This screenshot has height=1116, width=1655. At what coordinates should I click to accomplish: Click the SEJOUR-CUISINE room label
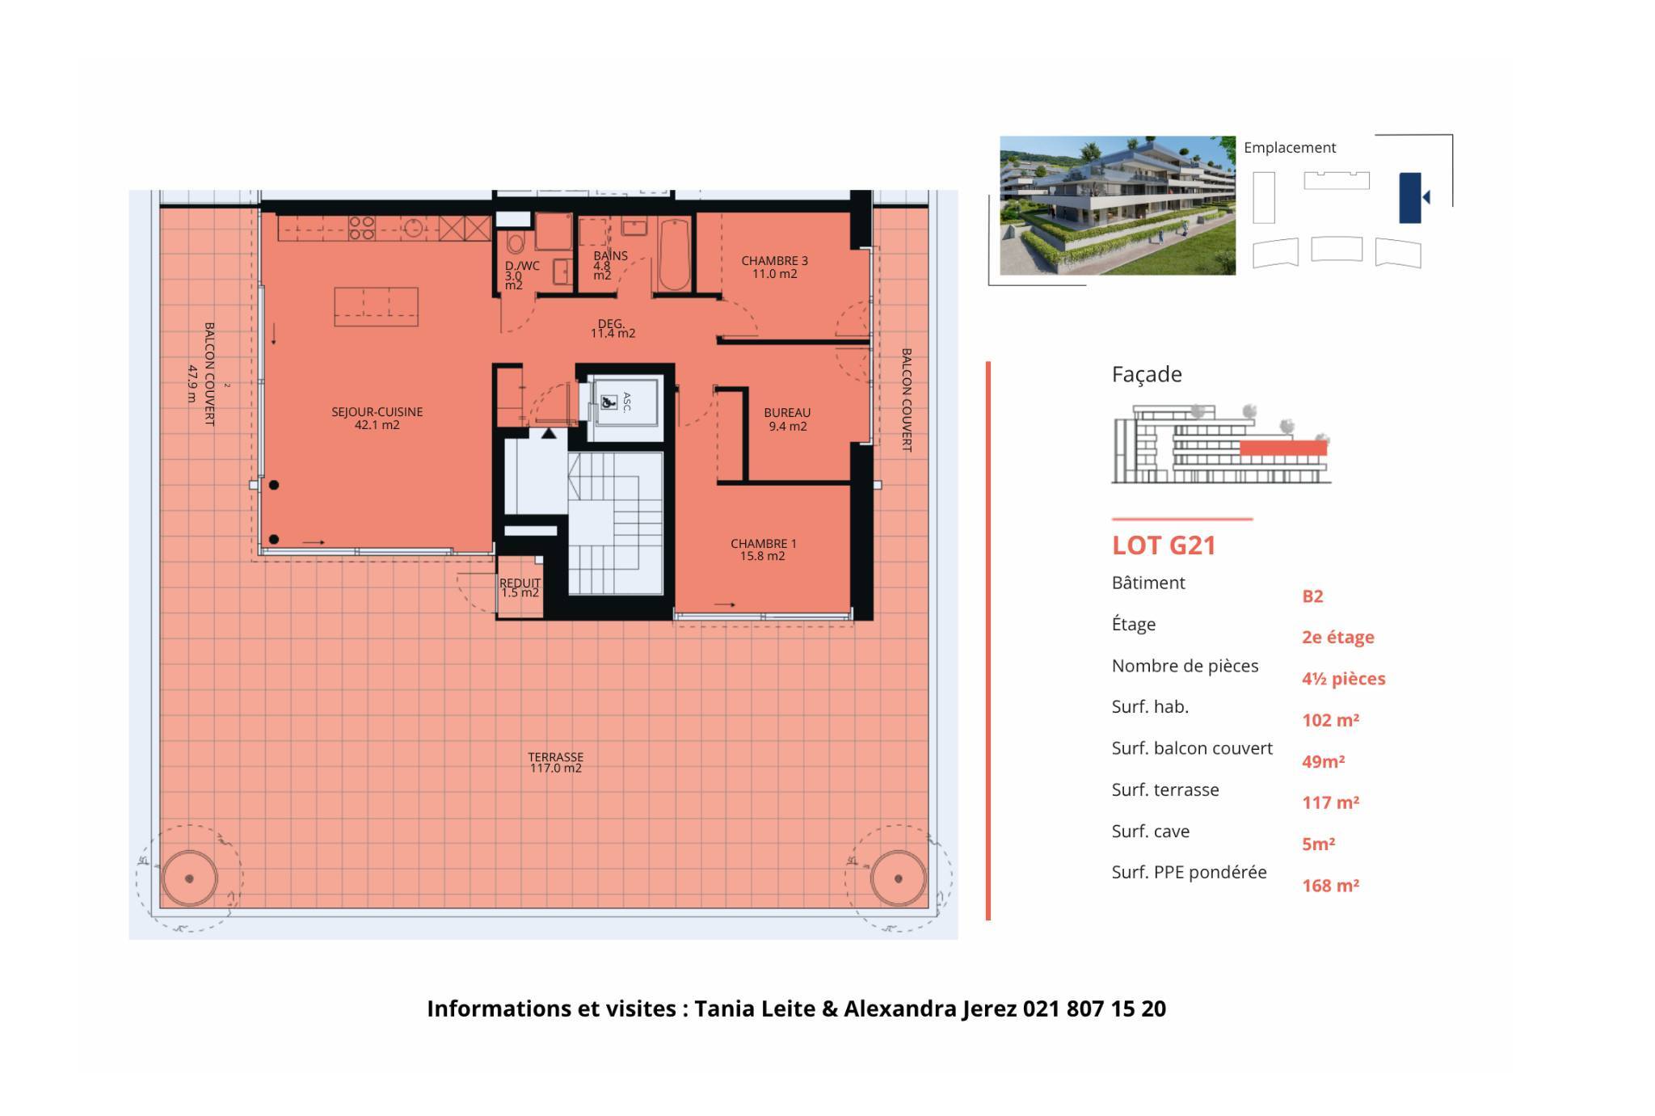point(377,418)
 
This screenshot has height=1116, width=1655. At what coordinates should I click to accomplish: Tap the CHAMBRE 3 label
point(774,267)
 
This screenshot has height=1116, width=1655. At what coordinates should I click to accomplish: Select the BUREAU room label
point(787,419)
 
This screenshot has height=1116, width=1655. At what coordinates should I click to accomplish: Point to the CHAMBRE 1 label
point(763,550)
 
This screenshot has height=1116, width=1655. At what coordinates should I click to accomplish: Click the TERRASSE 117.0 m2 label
point(555,762)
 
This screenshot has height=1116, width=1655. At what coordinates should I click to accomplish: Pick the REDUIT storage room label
point(520,587)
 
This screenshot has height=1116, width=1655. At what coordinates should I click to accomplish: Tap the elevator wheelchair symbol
point(608,401)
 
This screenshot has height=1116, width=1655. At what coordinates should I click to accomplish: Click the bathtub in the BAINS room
point(674,254)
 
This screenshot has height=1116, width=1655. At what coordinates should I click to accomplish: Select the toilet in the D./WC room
point(515,241)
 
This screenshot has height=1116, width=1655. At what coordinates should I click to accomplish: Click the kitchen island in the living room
point(376,307)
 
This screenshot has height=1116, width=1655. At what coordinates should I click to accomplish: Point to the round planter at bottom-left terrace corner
point(189,878)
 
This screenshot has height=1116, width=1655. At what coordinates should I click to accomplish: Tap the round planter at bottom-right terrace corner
point(898,878)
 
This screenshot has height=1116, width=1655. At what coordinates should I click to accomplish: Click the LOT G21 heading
point(1164,545)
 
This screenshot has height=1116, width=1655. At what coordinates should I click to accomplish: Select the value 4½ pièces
point(1343,679)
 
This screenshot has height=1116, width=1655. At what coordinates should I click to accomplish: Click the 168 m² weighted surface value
point(1330,886)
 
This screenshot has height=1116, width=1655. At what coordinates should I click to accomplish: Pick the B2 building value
point(1312,596)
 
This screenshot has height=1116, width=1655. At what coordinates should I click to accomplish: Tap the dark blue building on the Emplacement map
point(1409,198)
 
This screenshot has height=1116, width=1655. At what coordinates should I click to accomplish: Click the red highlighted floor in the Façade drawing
point(1283,449)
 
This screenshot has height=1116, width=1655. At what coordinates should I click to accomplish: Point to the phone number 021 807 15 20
point(1094,1009)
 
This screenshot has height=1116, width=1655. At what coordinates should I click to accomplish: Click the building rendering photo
point(1118,205)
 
